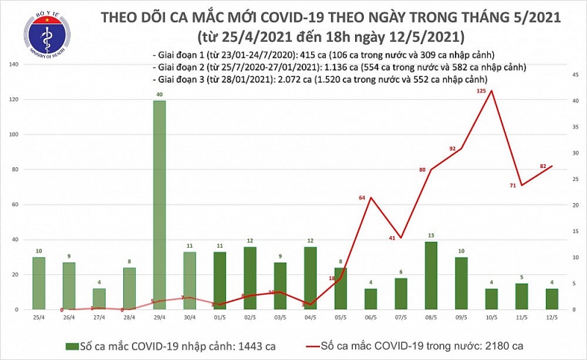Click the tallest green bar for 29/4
pyautogui.click(x=159, y=205)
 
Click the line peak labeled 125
pyautogui.click(x=491, y=91)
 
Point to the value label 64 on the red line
pyautogui.click(x=362, y=198)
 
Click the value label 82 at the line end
pyautogui.click(x=542, y=166)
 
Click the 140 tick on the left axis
pyautogui.click(x=13, y=65)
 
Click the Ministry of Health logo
pyautogui.click(x=47, y=38)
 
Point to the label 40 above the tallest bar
pyautogui.click(x=159, y=94)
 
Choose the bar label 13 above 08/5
pyautogui.click(x=431, y=235)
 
